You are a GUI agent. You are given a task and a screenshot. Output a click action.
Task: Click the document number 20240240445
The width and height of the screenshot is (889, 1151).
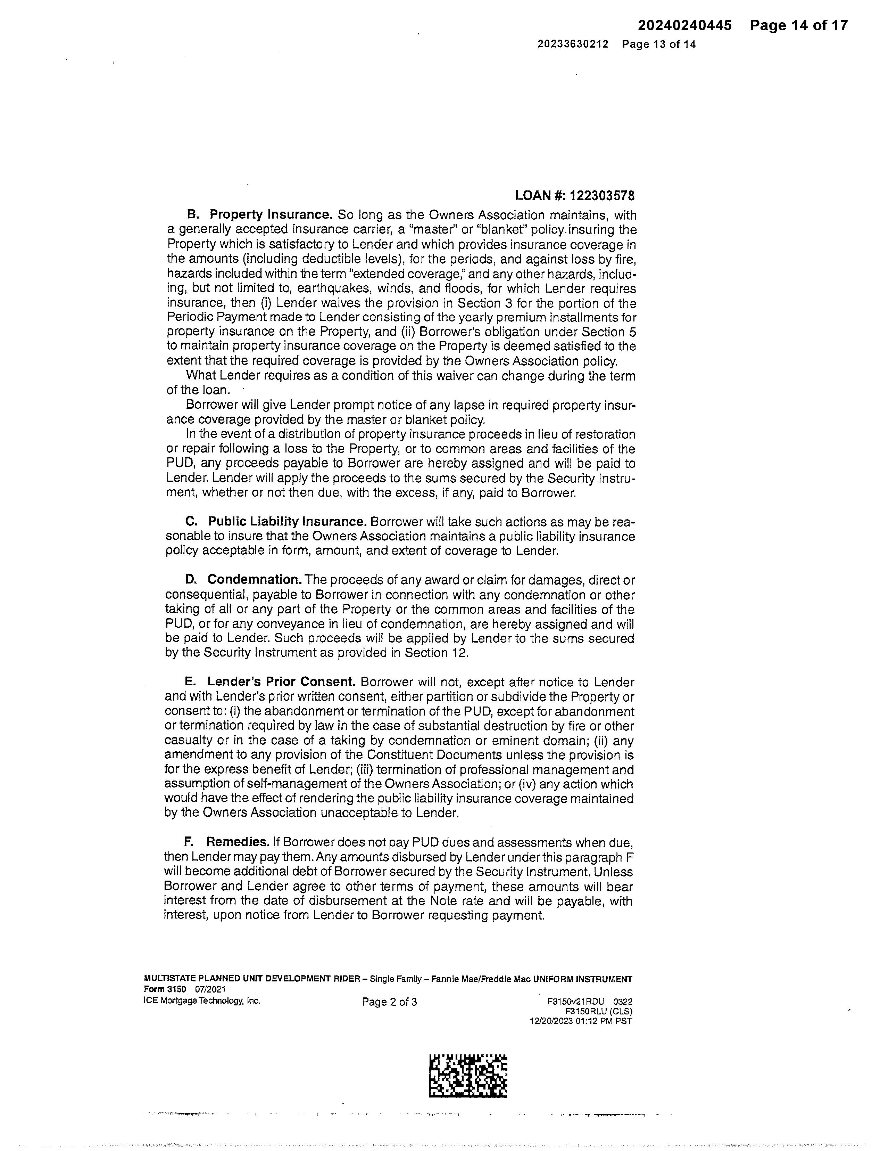click(685, 25)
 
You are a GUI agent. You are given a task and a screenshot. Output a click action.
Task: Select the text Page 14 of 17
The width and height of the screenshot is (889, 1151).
click(799, 25)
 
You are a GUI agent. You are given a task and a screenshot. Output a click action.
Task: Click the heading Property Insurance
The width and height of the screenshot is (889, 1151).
click(271, 215)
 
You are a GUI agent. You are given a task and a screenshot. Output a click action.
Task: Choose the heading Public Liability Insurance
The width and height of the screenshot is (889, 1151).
click(287, 522)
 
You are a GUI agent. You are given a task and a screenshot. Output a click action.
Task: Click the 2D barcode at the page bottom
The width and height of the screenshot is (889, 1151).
click(468, 1076)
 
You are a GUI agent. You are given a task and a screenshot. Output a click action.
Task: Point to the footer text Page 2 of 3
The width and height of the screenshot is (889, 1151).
click(389, 1002)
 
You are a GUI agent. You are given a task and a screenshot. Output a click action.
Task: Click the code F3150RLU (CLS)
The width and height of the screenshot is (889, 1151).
click(598, 1011)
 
